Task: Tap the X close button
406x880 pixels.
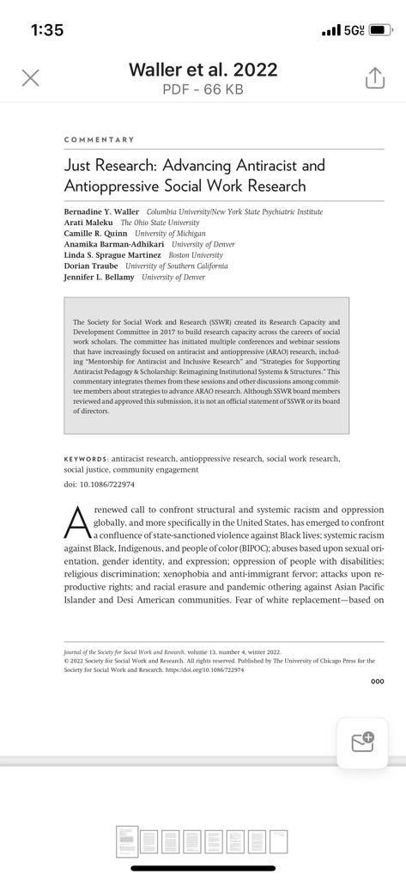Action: [x=30, y=78]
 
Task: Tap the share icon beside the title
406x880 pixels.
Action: [x=374, y=78]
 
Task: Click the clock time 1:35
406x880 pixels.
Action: [x=47, y=30]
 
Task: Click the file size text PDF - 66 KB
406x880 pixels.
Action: [x=203, y=89]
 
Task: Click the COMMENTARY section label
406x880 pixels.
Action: [x=99, y=139]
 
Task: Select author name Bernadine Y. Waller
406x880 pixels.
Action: [x=102, y=211]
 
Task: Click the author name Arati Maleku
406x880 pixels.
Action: [x=88, y=223]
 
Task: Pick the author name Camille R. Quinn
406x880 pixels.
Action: [x=97, y=234]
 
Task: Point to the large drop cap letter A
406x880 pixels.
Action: [x=77, y=521]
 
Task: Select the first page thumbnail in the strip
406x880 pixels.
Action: [x=126, y=841]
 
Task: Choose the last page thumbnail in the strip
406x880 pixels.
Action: [x=278, y=841]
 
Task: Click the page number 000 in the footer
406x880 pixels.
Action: [x=377, y=681]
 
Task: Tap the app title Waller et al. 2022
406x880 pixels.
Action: [x=203, y=70]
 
